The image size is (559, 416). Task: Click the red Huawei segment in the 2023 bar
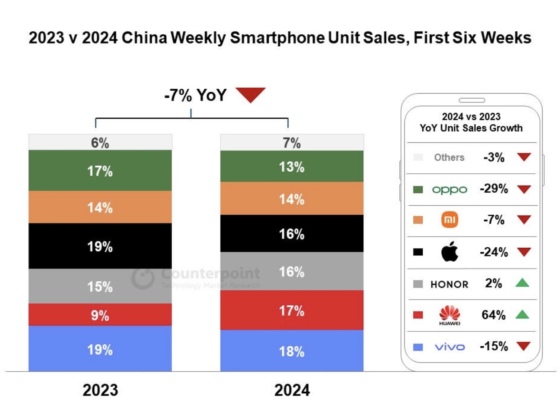click(x=100, y=315)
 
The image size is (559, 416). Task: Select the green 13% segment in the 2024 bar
click(x=292, y=166)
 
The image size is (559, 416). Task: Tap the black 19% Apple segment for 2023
click(x=100, y=246)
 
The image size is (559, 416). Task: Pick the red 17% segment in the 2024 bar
click(x=292, y=310)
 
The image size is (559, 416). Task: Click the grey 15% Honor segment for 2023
click(x=100, y=286)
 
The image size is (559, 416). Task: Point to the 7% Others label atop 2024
click(x=292, y=143)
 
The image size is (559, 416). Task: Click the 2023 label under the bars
click(x=100, y=390)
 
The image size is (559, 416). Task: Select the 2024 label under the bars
click(x=292, y=390)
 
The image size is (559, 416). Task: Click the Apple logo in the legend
click(x=449, y=252)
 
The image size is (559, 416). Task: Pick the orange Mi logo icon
click(x=449, y=220)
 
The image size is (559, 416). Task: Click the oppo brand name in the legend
click(x=449, y=190)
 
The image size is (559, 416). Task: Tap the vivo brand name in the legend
click(x=449, y=347)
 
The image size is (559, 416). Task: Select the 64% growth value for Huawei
click(x=493, y=315)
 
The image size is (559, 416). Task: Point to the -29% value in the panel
click(x=494, y=189)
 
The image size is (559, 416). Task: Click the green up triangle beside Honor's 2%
click(x=522, y=283)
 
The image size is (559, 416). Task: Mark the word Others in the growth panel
click(x=449, y=158)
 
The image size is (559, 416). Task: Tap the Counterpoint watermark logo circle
click(x=143, y=278)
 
